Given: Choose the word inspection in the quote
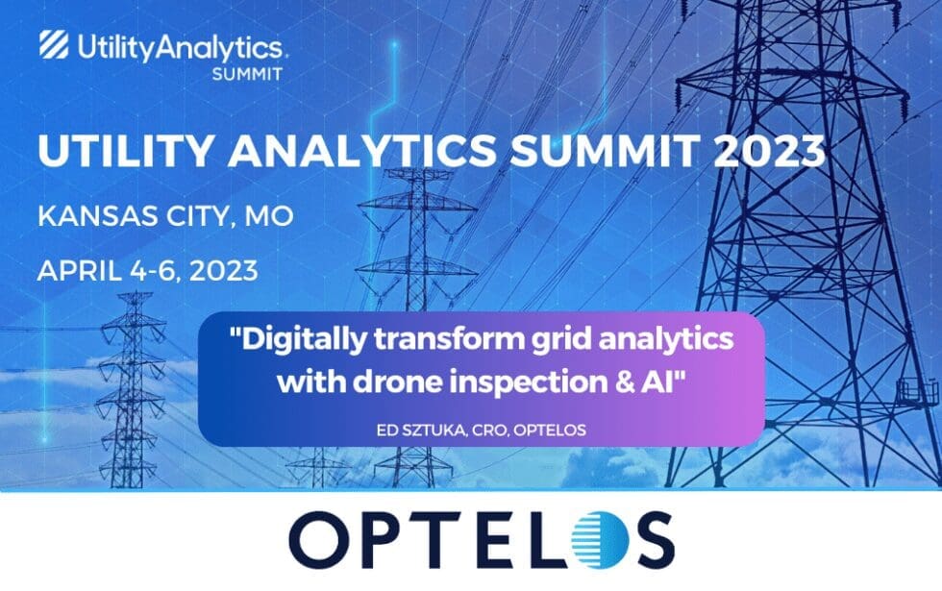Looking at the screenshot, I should tap(548, 380).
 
